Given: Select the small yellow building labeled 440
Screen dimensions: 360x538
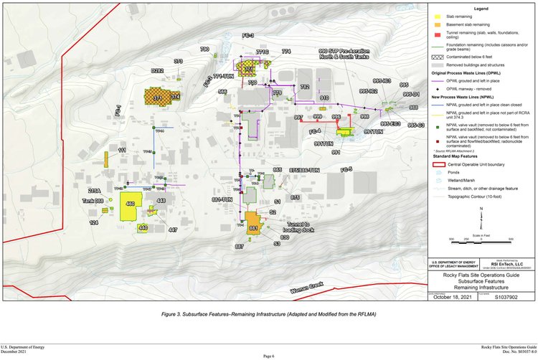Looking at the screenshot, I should [143, 227].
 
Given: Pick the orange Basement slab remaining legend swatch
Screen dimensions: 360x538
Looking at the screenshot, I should [435, 24].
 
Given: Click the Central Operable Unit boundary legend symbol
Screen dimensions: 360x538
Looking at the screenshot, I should [435, 164].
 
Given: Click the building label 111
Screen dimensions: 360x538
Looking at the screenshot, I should [122, 149].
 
